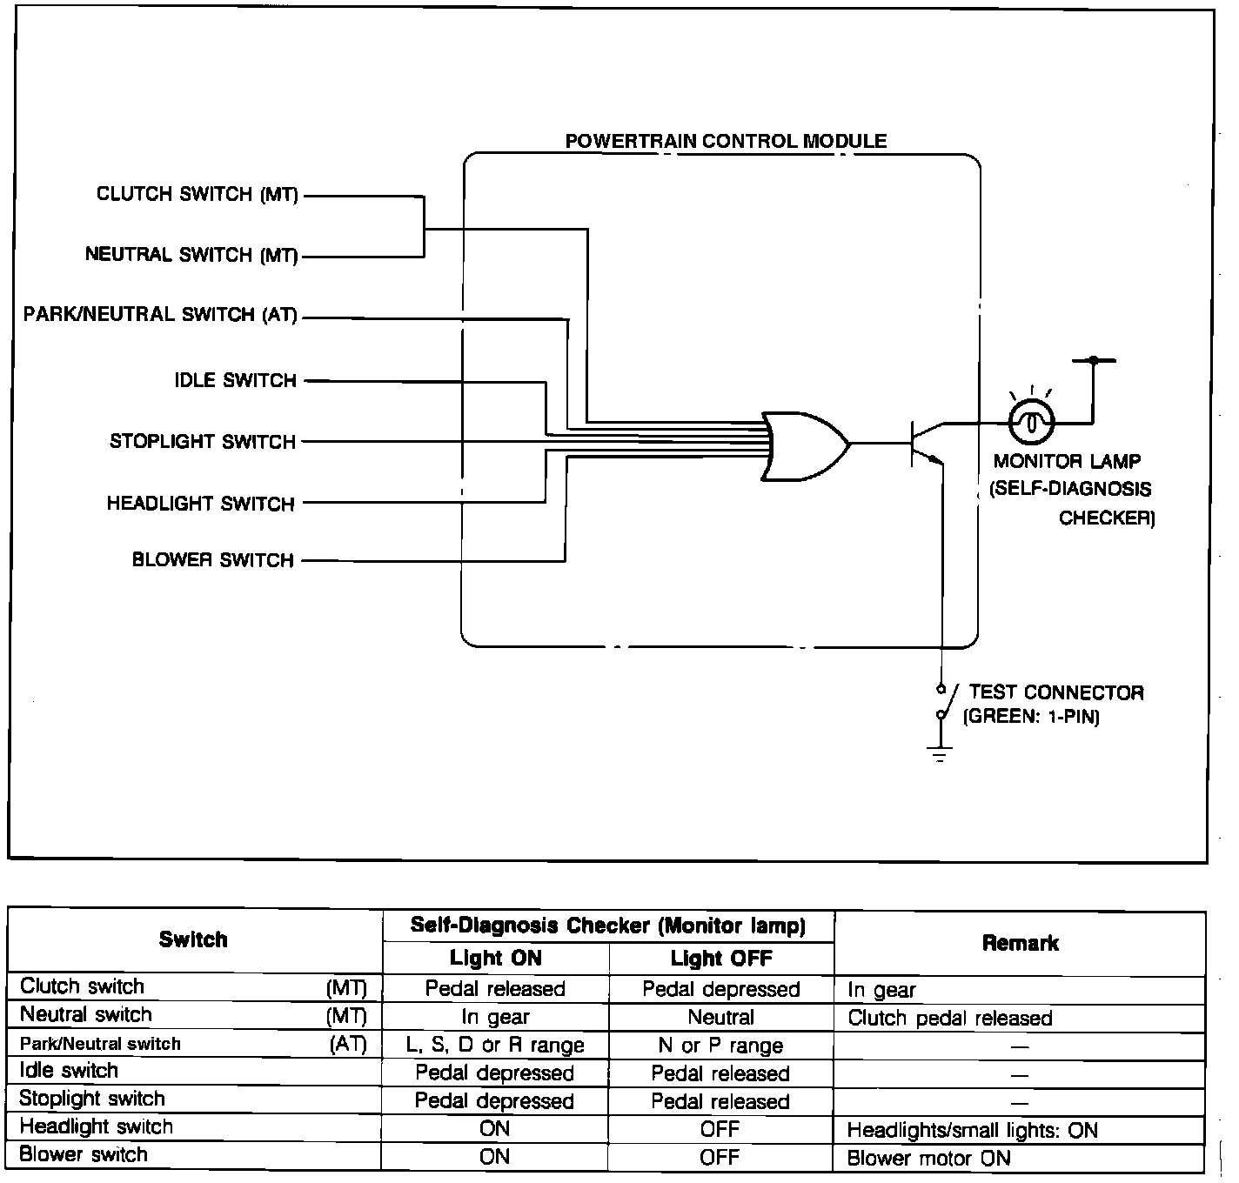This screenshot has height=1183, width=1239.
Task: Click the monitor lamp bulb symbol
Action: (1031, 424)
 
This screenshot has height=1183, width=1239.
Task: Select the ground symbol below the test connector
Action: (941, 753)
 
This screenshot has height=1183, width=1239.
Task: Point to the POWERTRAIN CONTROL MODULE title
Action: (726, 141)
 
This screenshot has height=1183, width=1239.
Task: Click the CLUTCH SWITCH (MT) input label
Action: (198, 194)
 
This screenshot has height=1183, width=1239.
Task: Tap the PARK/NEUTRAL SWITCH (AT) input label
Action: (161, 315)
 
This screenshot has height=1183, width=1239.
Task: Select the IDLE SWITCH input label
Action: (236, 381)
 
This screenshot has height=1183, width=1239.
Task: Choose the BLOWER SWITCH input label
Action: (213, 560)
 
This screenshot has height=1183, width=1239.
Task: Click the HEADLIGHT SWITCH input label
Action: (201, 504)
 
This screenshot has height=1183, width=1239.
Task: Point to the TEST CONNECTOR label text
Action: (1055, 693)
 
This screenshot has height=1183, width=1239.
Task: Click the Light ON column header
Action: (495, 959)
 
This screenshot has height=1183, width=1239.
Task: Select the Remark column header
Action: (1020, 943)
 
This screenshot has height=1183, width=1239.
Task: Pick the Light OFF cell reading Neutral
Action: (720, 1017)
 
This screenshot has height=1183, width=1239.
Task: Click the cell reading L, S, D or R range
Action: (495, 1045)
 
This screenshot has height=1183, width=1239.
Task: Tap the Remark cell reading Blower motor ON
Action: (928, 1159)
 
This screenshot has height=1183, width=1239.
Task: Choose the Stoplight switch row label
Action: (92, 1099)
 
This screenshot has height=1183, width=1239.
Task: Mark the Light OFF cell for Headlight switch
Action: (720, 1129)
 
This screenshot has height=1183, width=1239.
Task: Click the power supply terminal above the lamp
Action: (1094, 359)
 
